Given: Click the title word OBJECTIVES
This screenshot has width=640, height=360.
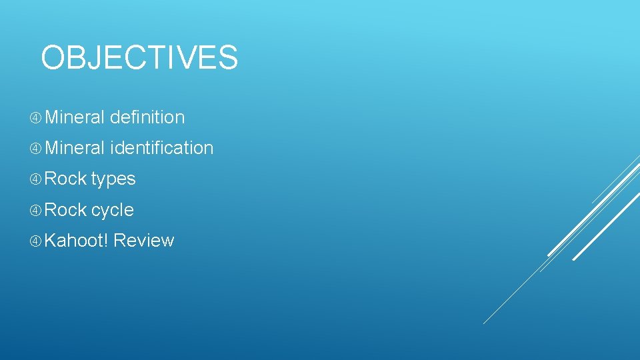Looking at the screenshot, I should tap(139, 57).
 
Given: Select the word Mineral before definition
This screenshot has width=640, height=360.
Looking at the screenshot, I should tap(75, 117).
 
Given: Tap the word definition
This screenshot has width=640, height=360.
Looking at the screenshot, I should tap(147, 117).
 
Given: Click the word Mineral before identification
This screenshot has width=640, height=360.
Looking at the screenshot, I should tap(75, 148).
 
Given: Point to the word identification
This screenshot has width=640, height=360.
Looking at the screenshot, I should tap(161, 148).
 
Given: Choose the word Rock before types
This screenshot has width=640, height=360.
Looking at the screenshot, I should tap(65, 179).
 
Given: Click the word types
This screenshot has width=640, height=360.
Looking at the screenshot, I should tap(113, 179).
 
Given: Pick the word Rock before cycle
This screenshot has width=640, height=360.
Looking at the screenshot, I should tap(65, 210).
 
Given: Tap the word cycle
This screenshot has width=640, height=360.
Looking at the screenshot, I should tap(113, 211).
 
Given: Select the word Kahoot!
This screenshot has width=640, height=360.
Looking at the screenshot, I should tap(76, 241).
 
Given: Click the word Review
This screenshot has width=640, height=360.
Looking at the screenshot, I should tap(144, 241).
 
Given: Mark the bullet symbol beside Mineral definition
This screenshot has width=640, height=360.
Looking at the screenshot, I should tap(35, 118).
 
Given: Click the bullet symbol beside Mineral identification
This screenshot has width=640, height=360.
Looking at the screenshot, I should tap(35, 149).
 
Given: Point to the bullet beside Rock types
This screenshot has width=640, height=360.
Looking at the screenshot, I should tap(35, 179).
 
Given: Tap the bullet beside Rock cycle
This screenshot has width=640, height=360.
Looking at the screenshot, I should tap(35, 211).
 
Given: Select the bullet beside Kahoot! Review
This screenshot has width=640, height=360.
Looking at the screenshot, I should tap(35, 241).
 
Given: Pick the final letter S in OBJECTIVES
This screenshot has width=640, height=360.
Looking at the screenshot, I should tap(227, 57).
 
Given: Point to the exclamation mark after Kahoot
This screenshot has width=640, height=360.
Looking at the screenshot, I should tap(106, 241).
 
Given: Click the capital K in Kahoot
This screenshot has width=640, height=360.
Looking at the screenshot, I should tap(50, 241).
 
